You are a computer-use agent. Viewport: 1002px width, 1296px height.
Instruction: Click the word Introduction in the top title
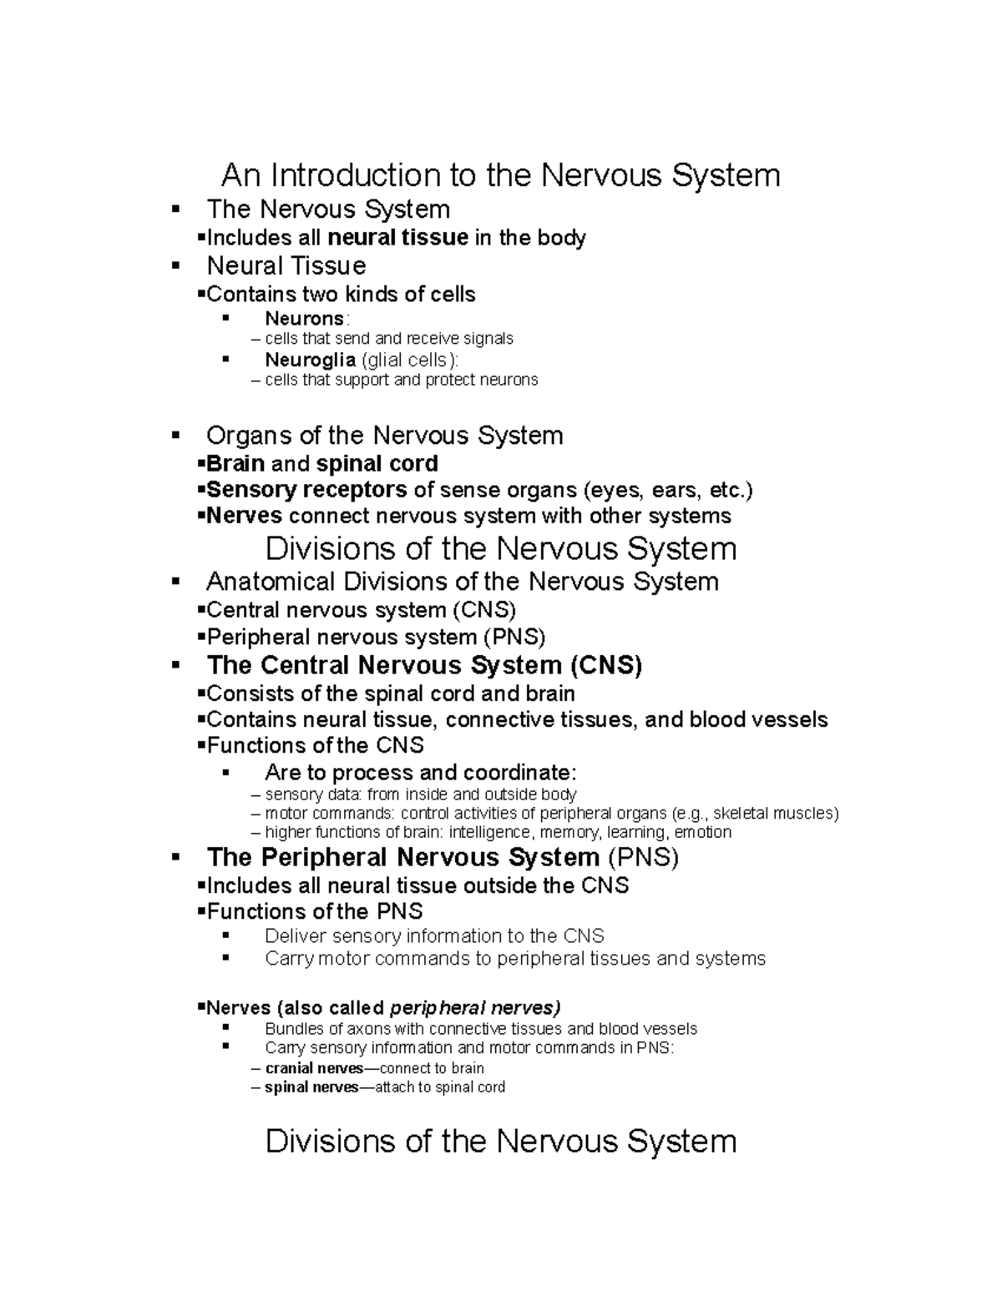[356, 176]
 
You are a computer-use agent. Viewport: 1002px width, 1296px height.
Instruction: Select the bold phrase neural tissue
[397, 238]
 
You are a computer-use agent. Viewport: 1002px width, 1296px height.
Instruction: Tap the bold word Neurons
[304, 319]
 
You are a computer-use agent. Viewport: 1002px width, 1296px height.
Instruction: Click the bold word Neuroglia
[310, 360]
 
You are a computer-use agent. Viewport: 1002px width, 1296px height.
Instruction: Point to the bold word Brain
[235, 464]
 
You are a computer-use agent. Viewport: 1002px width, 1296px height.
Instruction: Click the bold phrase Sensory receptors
[306, 490]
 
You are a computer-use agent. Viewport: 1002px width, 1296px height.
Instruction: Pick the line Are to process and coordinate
[420, 773]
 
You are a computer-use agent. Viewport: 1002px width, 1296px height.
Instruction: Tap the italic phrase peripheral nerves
[475, 1007]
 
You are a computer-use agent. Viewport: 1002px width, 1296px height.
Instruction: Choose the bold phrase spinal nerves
[311, 1087]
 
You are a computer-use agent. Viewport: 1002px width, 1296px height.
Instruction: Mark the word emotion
[702, 832]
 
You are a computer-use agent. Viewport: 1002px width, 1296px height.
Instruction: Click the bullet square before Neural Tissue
[175, 265]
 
